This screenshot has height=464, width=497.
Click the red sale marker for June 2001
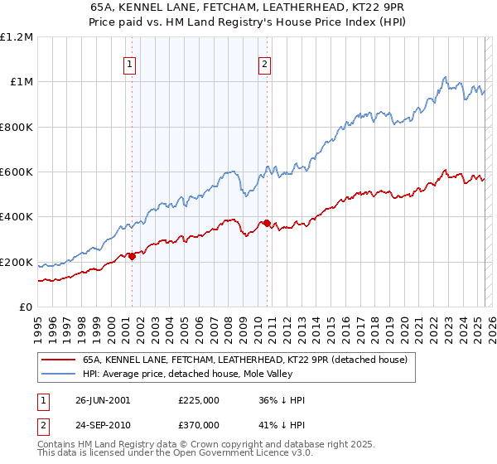click(x=132, y=256)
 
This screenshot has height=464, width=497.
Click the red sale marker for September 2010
click(x=267, y=223)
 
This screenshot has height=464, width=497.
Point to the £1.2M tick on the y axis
click(x=17, y=36)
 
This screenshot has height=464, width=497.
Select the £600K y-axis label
click(x=16, y=172)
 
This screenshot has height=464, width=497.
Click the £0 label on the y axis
click(x=26, y=307)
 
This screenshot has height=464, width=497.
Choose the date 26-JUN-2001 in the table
click(x=102, y=400)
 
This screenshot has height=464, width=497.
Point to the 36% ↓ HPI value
click(x=282, y=400)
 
